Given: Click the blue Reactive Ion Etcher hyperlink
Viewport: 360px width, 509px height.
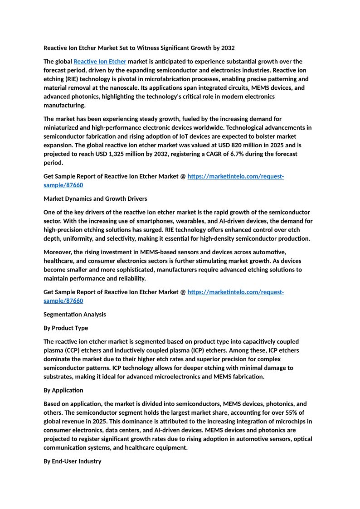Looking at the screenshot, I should point(100,62).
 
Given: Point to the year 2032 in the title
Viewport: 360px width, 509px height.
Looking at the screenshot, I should point(227,48).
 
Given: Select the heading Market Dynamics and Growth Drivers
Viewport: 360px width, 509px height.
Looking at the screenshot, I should point(95,199).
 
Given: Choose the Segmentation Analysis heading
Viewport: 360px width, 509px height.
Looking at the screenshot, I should point(74,314).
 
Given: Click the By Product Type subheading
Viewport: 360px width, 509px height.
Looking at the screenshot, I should point(66,328).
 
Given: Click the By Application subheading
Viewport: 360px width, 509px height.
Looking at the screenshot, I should point(63,390).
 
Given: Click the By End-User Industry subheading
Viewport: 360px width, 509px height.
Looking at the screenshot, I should point(72,461).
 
